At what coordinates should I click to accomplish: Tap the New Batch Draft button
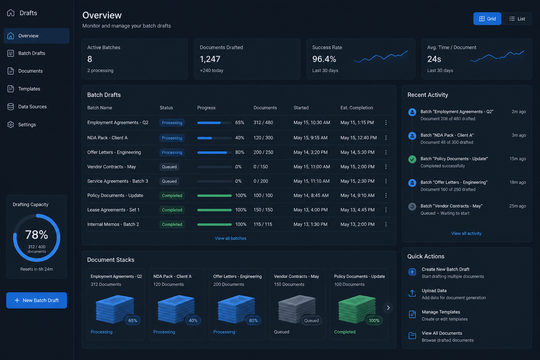point(37,300)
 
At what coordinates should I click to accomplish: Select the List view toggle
point(517,19)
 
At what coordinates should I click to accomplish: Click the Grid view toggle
point(487,19)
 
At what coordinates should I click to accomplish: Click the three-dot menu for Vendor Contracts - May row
point(386,167)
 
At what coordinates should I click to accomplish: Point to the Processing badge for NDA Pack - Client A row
point(172,138)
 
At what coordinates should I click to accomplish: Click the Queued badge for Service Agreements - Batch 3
point(169,181)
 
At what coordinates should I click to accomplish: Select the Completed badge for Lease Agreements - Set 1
point(172,210)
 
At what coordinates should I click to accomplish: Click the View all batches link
point(231,238)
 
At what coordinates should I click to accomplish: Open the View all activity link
point(466,233)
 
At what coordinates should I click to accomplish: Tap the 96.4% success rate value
point(324,59)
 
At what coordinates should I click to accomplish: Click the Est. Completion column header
point(356,108)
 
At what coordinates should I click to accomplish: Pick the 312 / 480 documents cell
point(263,122)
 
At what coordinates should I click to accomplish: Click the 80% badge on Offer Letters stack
point(253,321)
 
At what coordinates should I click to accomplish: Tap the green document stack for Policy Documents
point(357,309)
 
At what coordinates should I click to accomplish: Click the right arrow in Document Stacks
point(388,308)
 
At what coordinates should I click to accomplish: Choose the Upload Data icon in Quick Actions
point(412,293)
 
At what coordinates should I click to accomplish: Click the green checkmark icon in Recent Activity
point(412,159)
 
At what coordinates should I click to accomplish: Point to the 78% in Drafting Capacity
point(37,234)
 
